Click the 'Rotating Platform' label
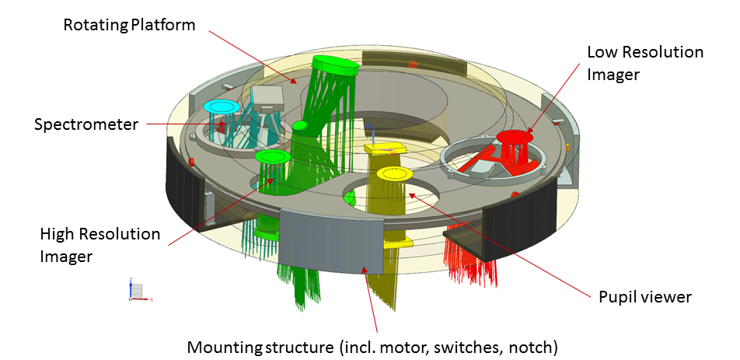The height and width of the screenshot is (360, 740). tap(128, 24)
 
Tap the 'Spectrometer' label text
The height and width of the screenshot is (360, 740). tap(86, 124)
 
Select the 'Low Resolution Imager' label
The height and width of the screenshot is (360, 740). tap(644, 63)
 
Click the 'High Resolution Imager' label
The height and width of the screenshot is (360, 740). tap(99, 244)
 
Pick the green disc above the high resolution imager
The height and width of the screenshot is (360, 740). tap(272, 157)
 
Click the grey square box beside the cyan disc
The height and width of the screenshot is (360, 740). tap(267, 96)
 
